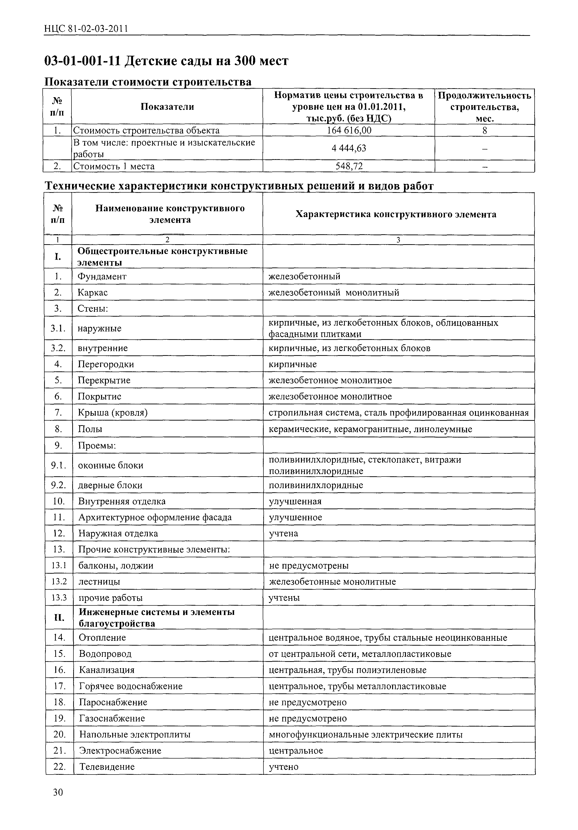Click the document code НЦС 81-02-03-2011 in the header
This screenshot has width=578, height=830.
pyautogui.click(x=86, y=29)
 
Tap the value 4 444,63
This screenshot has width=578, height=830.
pyautogui.click(x=349, y=148)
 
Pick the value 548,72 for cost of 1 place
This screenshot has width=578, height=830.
pyautogui.click(x=349, y=166)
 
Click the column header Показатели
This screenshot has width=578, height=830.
pyautogui.click(x=167, y=107)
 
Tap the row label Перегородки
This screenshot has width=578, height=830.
pyautogui.click(x=106, y=364)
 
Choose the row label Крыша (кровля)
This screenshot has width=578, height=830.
pyautogui.click(x=112, y=413)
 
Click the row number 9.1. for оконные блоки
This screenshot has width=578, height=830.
pyautogui.click(x=59, y=465)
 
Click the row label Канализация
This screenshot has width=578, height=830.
pyautogui.click(x=107, y=670)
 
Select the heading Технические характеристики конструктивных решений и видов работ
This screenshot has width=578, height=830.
pyautogui.click(x=239, y=186)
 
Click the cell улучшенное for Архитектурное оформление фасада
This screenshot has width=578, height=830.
pyautogui.click(x=295, y=517)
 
